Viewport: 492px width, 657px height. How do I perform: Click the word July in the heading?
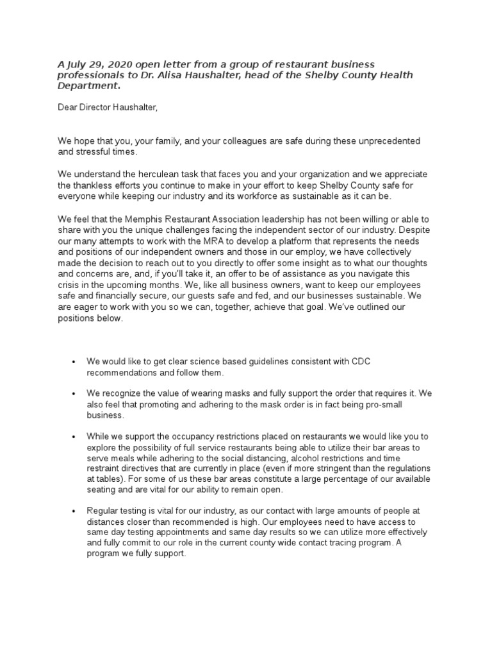tap(78, 64)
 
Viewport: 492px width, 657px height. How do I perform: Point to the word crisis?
tap(70, 285)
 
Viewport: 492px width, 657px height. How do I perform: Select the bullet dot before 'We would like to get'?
tap(75, 362)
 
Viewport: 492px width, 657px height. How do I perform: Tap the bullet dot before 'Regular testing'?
tap(75, 511)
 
